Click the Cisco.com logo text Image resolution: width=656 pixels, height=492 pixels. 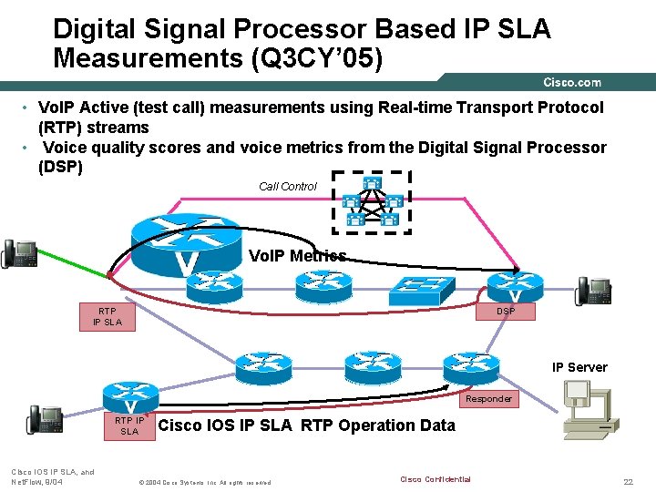(572, 83)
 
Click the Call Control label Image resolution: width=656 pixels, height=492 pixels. (288, 187)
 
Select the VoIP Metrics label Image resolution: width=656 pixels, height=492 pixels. (298, 256)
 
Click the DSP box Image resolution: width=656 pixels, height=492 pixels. (506, 312)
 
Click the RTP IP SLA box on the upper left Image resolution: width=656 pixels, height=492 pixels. (107, 316)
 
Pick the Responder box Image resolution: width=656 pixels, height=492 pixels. (488, 399)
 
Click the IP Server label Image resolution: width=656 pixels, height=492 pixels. (579, 367)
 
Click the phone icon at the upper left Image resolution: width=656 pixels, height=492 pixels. (19, 254)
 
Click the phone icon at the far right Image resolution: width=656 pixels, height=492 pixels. (593, 291)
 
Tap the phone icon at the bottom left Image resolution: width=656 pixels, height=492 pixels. (45, 419)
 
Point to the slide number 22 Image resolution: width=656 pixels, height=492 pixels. (627, 480)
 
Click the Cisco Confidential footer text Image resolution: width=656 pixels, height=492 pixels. (436, 479)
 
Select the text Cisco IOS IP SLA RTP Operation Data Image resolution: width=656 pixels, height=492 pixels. (306, 425)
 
